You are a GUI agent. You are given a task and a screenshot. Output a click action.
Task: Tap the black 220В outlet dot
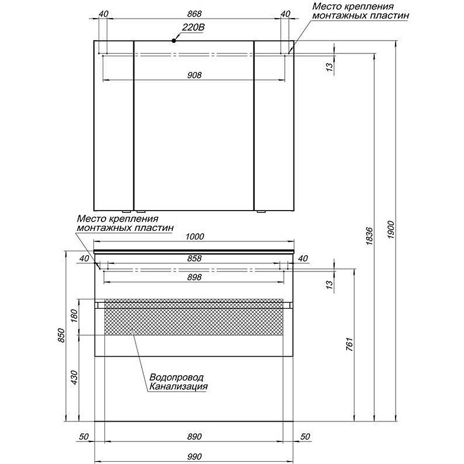[x=174, y=41]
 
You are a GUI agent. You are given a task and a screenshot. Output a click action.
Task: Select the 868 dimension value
[x=194, y=14]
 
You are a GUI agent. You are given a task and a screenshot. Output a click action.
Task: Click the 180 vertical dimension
[x=74, y=317]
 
